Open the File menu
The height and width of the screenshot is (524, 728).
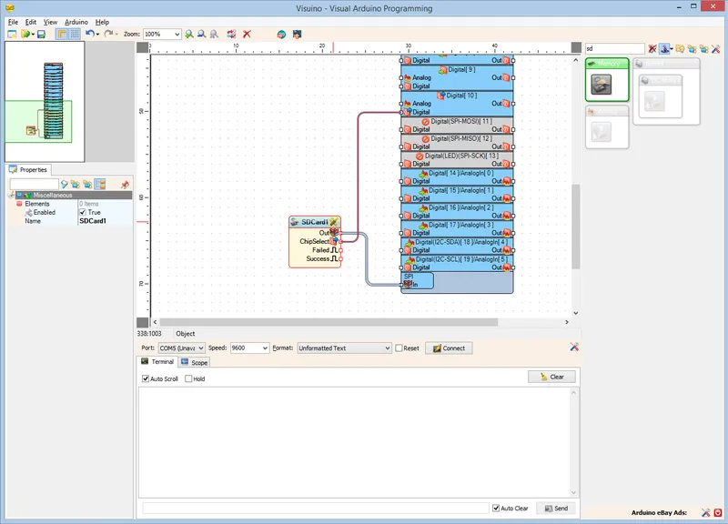(x=13, y=21)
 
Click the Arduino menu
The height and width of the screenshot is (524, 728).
(x=76, y=21)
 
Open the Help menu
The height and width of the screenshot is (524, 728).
(x=102, y=21)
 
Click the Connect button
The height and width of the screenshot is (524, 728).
(x=448, y=348)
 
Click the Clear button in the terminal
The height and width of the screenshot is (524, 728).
(x=551, y=377)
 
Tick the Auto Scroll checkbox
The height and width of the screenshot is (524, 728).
(x=146, y=378)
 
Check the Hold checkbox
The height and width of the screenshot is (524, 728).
(x=188, y=378)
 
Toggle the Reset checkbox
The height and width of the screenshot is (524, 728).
(x=399, y=348)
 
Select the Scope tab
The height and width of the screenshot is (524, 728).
(x=195, y=362)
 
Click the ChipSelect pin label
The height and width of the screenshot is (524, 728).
(x=314, y=241)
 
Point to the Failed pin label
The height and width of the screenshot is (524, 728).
(x=320, y=250)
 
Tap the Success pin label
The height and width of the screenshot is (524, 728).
(x=318, y=259)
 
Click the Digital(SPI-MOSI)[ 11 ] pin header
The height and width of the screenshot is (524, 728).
(x=460, y=121)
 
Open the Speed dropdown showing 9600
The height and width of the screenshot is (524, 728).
(x=249, y=348)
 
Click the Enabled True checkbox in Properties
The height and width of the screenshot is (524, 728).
(x=82, y=212)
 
